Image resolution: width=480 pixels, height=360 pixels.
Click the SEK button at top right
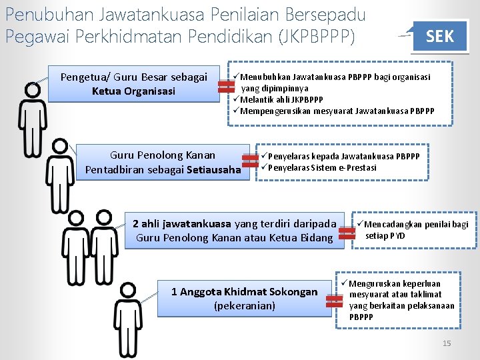[x=439, y=36]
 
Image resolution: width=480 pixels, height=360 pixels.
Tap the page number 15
[x=447, y=343]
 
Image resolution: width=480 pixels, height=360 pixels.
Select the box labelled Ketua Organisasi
[x=133, y=84]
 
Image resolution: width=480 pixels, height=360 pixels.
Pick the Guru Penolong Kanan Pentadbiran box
[x=163, y=163]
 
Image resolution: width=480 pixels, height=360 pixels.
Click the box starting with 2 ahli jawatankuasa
[x=234, y=231]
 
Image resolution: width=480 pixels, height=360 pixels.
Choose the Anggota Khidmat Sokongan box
[x=244, y=299]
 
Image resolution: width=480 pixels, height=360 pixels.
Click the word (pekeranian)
[x=244, y=306]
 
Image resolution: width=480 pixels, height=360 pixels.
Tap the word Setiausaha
[x=213, y=170]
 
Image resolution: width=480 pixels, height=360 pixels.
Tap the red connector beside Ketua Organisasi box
[x=225, y=85]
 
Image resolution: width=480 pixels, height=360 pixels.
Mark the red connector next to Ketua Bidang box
[x=347, y=231]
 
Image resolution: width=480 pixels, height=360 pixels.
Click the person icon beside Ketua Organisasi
[x=31, y=120]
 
